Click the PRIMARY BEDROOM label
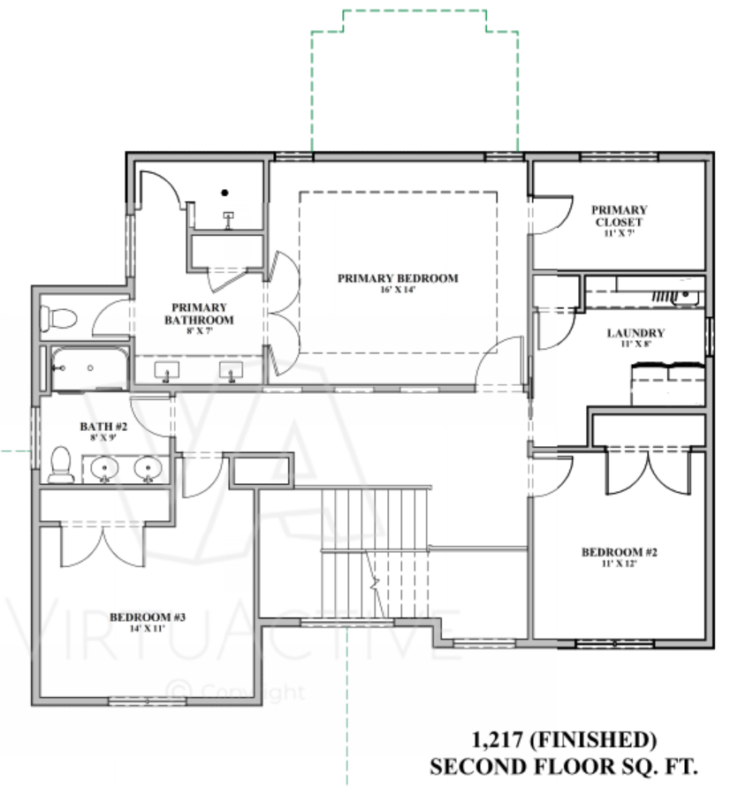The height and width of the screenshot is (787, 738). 398,278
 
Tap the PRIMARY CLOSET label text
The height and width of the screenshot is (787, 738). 619,216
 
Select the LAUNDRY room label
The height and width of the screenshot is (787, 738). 635,333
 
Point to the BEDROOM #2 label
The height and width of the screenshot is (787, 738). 619,552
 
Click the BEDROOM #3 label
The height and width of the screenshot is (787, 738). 148,617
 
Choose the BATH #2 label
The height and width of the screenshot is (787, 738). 103,426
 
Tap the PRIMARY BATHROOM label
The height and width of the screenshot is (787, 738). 199,314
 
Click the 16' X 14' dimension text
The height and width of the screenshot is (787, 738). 398,290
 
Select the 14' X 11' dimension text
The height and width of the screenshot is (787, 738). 148,628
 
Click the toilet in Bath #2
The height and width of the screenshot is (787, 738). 61,465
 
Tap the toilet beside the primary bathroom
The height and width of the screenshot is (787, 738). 58,318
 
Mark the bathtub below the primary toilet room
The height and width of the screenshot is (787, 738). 89,368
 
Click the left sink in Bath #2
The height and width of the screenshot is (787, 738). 104,469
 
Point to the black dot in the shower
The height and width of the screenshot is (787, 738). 225,193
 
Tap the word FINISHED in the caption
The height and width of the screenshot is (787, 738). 593,740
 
